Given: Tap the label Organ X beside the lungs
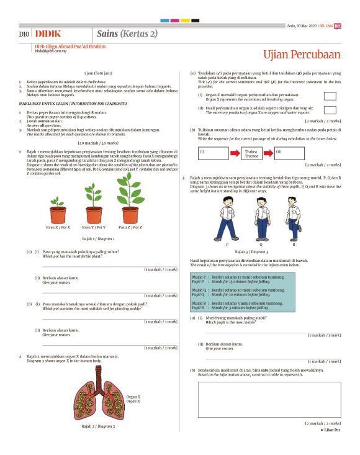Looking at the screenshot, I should coord(133,399).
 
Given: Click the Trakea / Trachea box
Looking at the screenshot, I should coord(251,152).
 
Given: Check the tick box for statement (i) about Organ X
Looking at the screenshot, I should coord(330,96).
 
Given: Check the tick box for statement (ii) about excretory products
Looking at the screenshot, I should coord(330,110).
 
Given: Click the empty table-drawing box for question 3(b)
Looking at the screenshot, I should coord(269,399).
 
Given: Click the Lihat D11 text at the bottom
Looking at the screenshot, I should coord(330,430).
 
